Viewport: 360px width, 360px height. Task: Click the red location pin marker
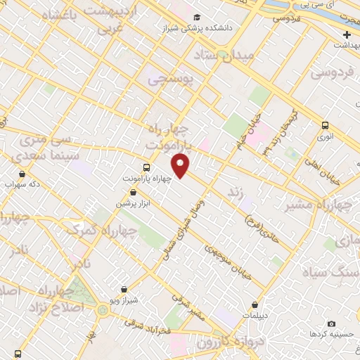point(181,165)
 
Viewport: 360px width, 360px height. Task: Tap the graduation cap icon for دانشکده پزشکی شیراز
point(196,17)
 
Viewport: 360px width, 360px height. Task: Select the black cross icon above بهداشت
point(347,34)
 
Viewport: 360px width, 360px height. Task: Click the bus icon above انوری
point(325,126)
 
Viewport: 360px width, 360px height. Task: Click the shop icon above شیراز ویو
point(124,289)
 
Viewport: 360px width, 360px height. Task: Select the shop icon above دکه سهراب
point(22,174)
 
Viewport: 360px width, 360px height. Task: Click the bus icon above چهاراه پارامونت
point(146,167)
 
